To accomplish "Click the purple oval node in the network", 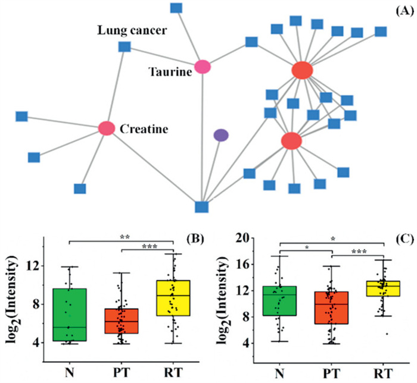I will pos(221,135).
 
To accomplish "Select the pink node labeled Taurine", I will pos(203,67).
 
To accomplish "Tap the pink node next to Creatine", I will pos(107,128).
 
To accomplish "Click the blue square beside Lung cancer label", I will pos(125,46).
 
